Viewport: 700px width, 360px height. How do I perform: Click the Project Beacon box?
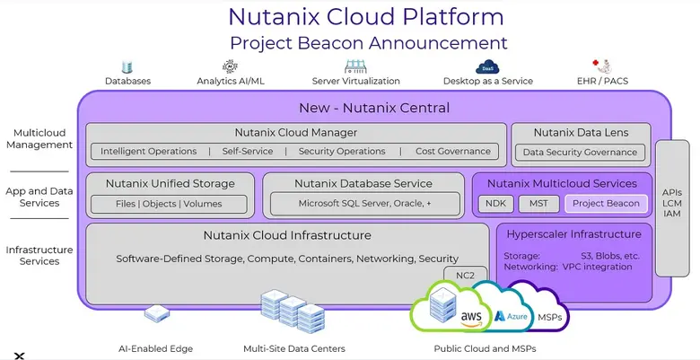[x=606, y=204]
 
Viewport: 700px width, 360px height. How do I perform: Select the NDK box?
[x=494, y=204]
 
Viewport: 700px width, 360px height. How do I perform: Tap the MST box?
[x=538, y=204]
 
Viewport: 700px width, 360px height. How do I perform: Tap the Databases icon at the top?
[x=127, y=66]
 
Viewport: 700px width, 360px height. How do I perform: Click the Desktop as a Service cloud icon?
[x=487, y=66]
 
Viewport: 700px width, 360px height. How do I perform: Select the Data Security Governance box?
[x=580, y=153]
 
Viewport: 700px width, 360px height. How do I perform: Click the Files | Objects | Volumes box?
[x=170, y=204]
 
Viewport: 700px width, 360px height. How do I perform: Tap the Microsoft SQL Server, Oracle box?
[x=363, y=204]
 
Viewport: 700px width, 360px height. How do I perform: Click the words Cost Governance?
[x=453, y=152]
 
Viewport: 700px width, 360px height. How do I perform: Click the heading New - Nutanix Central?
[x=373, y=108]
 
